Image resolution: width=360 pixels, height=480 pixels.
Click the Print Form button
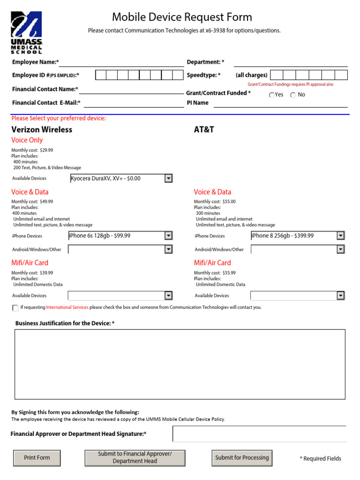[37, 457]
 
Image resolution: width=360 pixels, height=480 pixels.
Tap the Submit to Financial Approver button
[135, 457]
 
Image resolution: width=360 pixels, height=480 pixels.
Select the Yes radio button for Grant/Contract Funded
[272, 95]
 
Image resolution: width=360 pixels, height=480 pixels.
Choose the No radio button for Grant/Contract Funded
[293, 95]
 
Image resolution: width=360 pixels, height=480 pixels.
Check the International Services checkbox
[15, 308]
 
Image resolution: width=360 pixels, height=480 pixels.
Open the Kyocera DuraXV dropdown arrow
[168, 178]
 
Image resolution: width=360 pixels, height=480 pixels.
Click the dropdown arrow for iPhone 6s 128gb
[168, 236]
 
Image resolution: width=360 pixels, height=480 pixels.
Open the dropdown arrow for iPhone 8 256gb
[341, 236]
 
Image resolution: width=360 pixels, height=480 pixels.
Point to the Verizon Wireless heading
[42, 129]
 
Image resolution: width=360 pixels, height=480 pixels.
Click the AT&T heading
[204, 129]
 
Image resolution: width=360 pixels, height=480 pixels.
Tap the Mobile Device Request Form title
[182, 17]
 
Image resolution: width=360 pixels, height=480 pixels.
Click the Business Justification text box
[180, 364]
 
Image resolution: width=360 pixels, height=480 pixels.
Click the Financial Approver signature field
[259, 434]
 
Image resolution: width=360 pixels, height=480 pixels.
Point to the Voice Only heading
[27, 140]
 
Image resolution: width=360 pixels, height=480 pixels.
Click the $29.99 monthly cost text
[46, 150]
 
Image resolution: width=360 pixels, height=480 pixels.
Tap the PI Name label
[197, 103]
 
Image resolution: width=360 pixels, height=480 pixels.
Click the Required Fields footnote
[321, 458]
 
